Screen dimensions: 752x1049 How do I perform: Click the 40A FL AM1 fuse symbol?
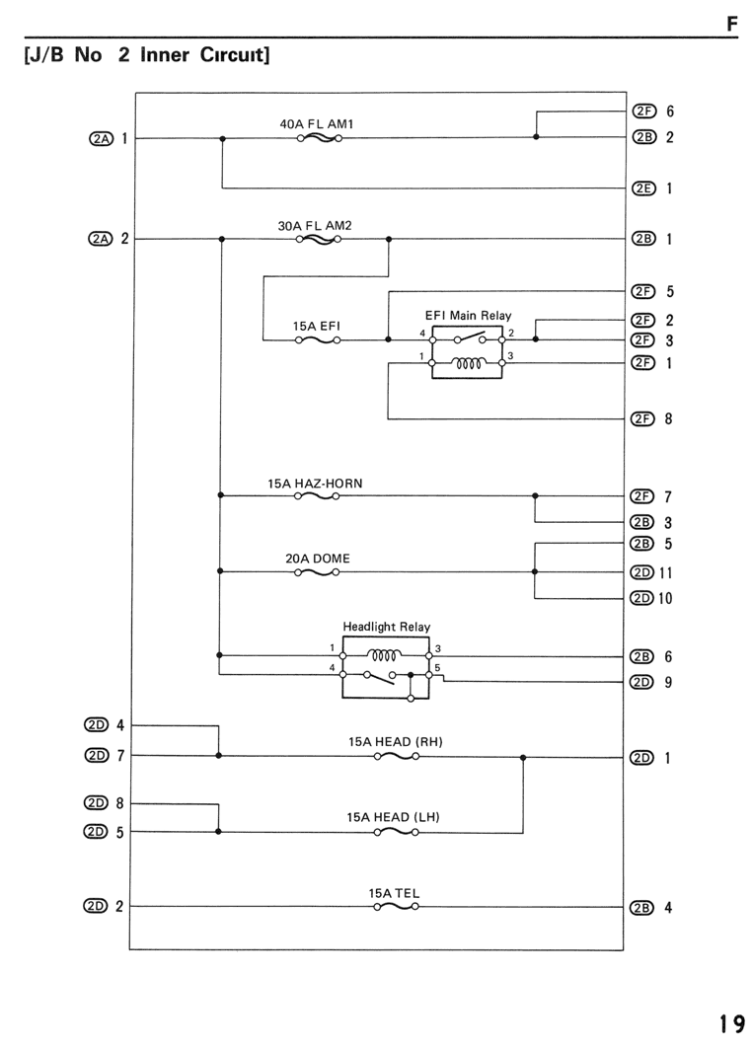click(320, 138)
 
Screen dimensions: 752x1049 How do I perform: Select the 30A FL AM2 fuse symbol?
click(319, 239)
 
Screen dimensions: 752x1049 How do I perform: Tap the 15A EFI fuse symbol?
click(318, 339)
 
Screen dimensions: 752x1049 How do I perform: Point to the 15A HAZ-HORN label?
click(315, 483)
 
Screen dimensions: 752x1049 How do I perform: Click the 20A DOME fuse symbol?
click(317, 572)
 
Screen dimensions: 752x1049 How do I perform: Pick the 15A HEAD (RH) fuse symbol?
click(397, 756)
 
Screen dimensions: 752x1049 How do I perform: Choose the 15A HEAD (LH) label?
click(393, 817)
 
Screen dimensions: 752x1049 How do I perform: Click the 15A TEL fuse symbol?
click(396, 907)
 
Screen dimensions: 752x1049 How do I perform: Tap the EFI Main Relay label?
click(469, 315)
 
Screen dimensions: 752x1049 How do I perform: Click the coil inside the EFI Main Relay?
click(468, 363)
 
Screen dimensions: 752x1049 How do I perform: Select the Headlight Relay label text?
click(386, 627)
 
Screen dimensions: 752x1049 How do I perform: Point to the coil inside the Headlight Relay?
click(386, 655)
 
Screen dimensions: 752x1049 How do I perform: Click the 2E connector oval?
click(643, 187)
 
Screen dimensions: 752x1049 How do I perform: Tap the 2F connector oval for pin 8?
click(642, 418)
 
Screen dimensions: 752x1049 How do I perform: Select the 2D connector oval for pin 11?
click(641, 572)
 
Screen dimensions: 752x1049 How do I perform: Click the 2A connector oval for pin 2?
click(101, 238)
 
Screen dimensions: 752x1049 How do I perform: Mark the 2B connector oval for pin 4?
click(641, 907)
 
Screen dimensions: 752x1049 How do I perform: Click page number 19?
click(732, 1023)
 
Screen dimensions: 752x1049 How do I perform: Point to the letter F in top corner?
click(732, 24)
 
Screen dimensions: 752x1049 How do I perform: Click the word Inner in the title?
click(165, 54)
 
